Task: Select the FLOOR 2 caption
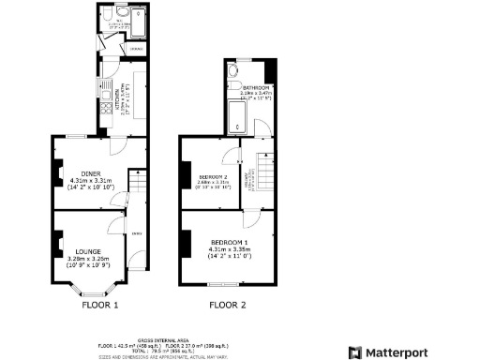pos(227,305)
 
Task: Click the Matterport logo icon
pos(355,352)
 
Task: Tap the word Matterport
pos(400,352)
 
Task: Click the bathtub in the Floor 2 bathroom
pos(236,118)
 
